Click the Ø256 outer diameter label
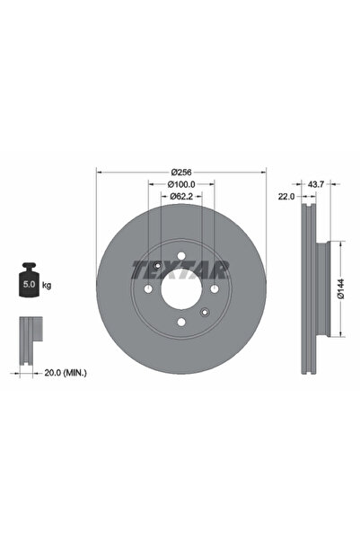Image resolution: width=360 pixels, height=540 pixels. (x=181, y=172)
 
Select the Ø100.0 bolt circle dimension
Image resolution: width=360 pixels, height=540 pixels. (x=181, y=184)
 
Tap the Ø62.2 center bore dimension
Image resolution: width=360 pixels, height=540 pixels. (x=181, y=196)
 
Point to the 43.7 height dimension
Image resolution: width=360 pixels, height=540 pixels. (x=316, y=184)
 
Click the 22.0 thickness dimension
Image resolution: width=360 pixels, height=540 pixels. (x=286, y=196)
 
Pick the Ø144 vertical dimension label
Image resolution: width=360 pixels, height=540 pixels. (x=340, y=288)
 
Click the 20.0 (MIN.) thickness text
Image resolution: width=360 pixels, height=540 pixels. (x=66, y=373)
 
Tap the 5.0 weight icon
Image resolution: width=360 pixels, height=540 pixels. (x=29, y=279)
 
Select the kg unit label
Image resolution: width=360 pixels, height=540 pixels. (x=47, y=285)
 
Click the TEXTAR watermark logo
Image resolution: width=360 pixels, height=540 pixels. (x=180, y=270)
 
